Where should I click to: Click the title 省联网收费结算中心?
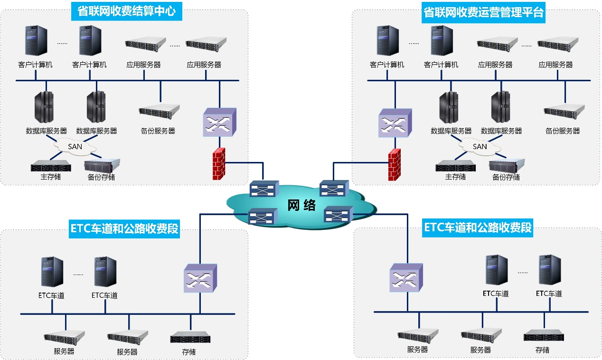tap(126, 11)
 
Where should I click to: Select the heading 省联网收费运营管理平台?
tap(483, 12)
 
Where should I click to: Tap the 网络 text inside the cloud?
tap(302, 205)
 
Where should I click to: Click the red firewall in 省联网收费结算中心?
tap(219, 164)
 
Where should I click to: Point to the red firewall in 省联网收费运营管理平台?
tap(394, 165)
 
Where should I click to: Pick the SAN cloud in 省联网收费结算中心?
tap(75, 146)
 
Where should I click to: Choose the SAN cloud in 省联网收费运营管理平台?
tap(480, 146)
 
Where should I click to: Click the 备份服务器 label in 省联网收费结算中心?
tap(158, 131)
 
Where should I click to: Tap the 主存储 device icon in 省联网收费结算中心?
tap(51, 166)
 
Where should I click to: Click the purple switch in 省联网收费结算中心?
tap(219, 122)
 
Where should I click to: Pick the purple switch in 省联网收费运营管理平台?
tap(395, 123)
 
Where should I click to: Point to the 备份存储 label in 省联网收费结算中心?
tap(101, 177)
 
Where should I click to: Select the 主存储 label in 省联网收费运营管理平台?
tap(455, 177)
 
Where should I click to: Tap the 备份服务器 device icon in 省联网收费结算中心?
tap(160, 111)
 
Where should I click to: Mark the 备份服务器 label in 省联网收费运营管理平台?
tap(563, 131)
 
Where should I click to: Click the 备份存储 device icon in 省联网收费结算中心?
tap(102, 165)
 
